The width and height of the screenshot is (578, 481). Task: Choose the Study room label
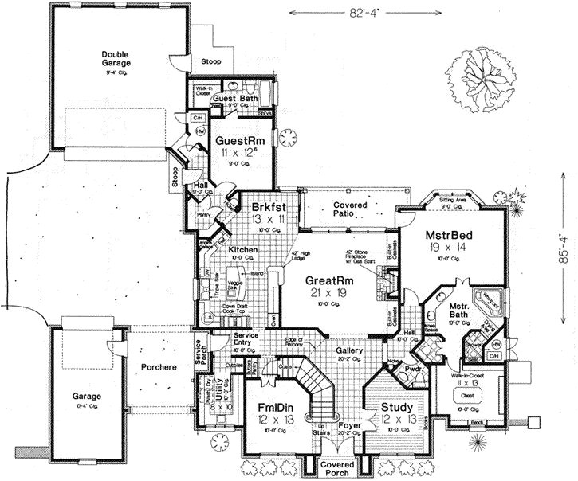(395, 408)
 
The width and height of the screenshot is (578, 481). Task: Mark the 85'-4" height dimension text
(564, 248)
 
